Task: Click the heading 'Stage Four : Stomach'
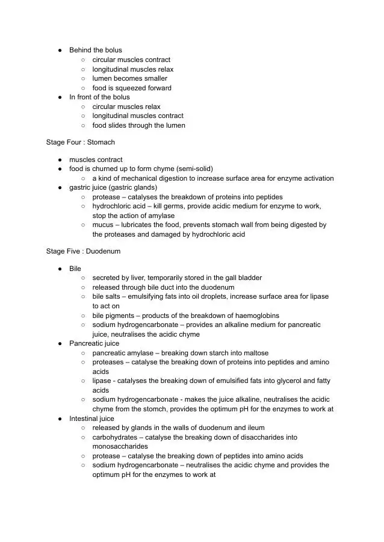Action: tap(80, 143)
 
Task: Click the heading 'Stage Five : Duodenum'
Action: tap(83, 251)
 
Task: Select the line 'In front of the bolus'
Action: tap(99, 97)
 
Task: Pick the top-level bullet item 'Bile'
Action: tap(75, 269)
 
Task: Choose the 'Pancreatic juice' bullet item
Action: tap(94, 343)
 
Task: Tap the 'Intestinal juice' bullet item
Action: tap(91, 419)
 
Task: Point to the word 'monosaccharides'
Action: tap(120, 447)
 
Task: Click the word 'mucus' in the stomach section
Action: tap(102, 225)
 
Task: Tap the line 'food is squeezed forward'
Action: tap(131, 88)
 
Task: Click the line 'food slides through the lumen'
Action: tap(138, 125)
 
